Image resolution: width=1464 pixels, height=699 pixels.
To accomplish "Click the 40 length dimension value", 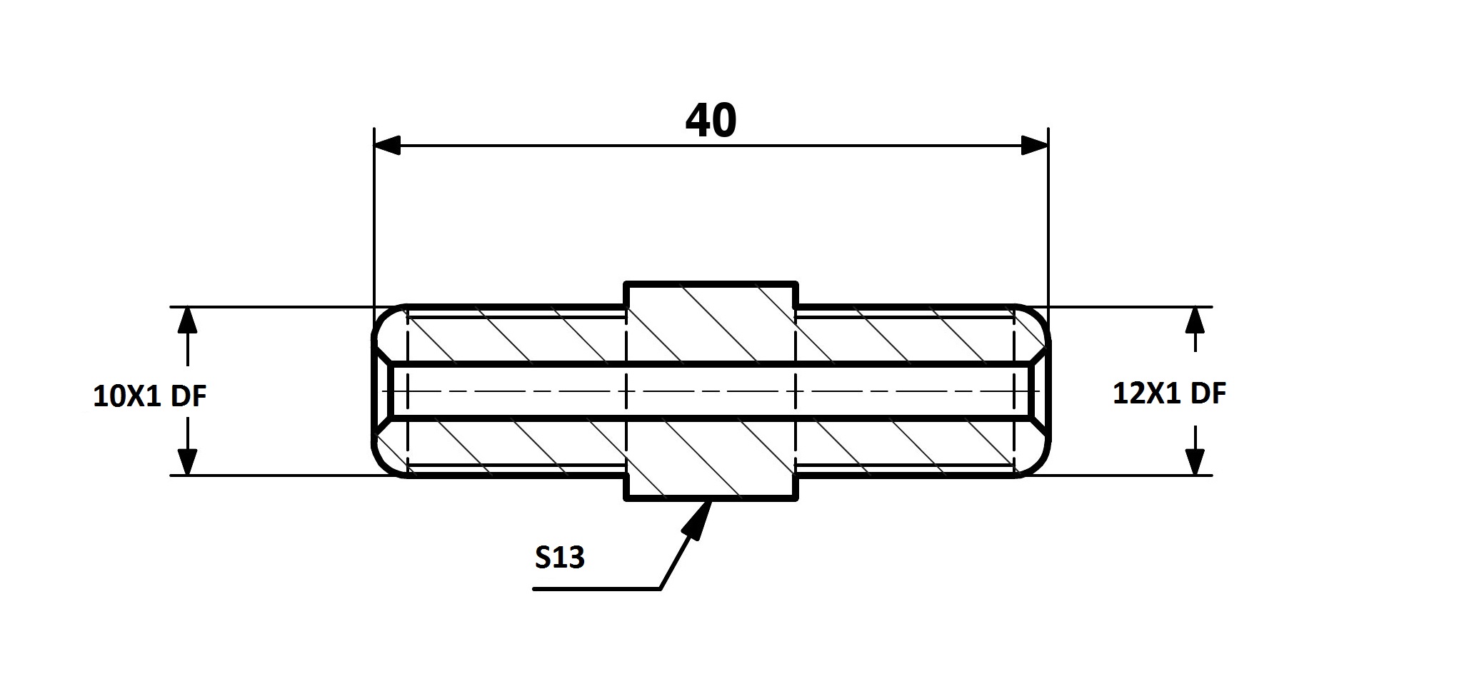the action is (711, 121).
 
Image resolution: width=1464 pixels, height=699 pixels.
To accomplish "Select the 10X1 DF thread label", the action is (150, 396).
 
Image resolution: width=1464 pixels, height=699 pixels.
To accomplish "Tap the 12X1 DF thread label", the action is (1170, 393).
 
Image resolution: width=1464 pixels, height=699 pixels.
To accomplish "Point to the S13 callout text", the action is (560, 558).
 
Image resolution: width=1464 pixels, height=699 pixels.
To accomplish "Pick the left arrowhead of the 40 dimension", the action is (387, 146).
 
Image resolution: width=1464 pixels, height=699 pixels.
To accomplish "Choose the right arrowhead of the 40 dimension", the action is (1035, 146).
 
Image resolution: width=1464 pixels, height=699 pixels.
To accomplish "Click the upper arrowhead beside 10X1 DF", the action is (187, 321).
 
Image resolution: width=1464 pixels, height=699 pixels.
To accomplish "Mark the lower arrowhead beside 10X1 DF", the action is (187, 461).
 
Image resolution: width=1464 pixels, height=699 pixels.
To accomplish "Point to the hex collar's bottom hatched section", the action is (711, 458).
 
